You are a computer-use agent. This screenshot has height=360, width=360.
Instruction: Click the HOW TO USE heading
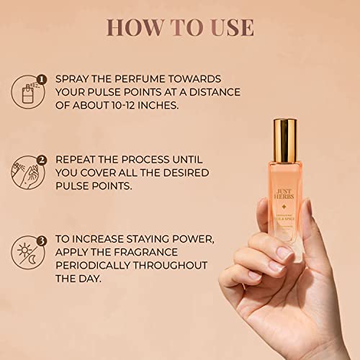coord(179,27)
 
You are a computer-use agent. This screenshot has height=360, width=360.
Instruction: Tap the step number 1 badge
coord(42,79)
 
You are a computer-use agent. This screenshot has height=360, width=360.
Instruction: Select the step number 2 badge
coord(42,159)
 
